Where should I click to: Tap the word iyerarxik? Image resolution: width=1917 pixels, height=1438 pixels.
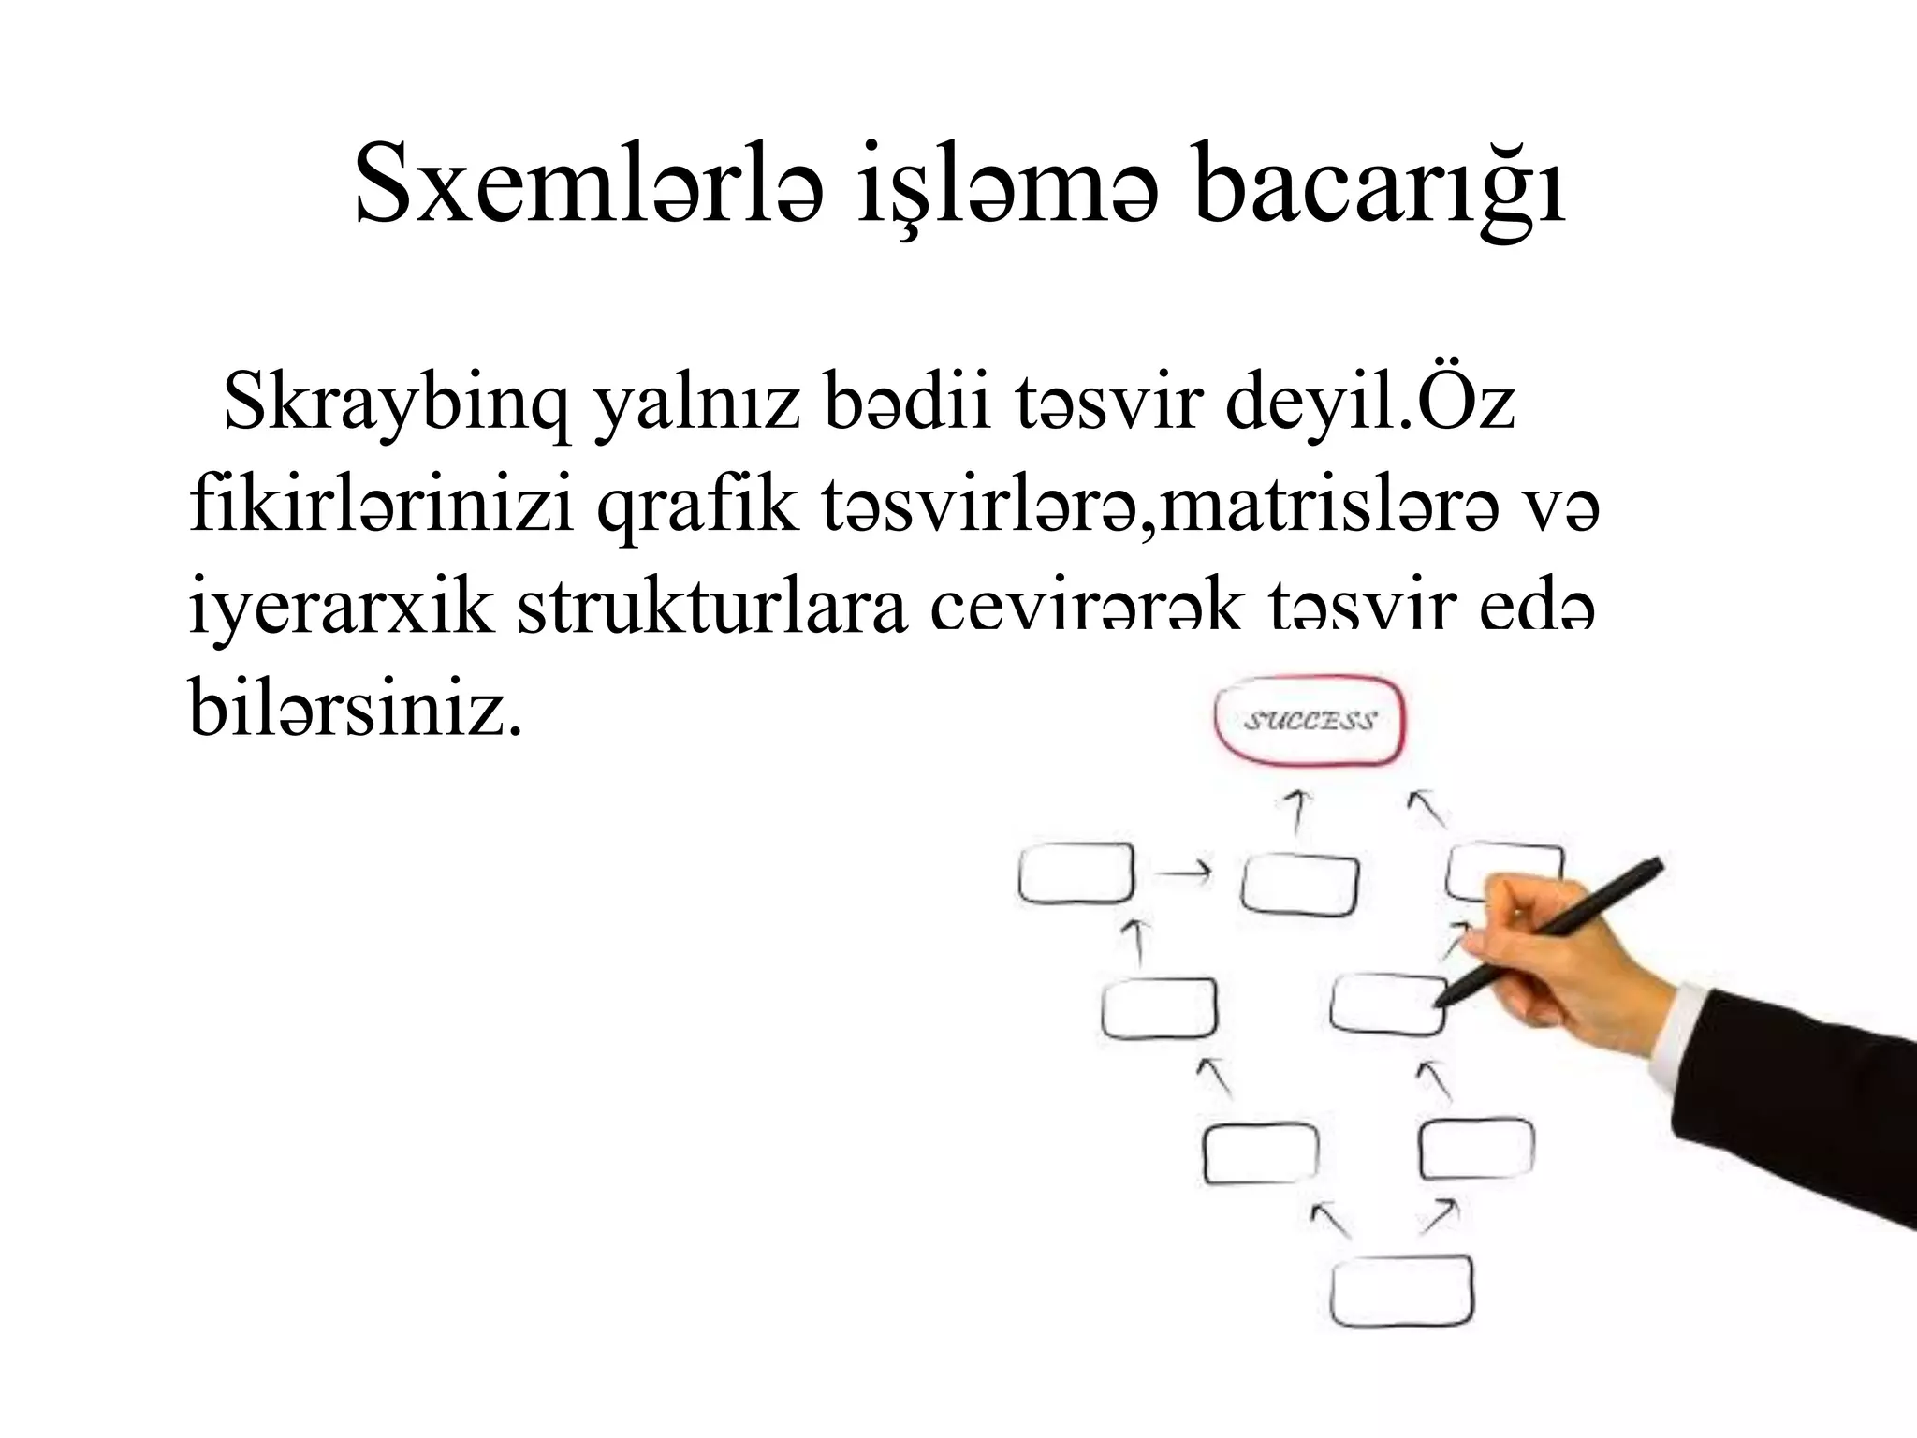pyautogui.click(x=341, y=609)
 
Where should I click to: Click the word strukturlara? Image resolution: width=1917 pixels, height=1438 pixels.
pyautogui.click(x=711, y=609)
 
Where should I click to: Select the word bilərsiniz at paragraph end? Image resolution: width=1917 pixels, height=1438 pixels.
pyautogui.click(x=356, y=710)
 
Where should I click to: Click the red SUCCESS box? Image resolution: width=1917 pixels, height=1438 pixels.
pyautogui.click(x=1310, y=721)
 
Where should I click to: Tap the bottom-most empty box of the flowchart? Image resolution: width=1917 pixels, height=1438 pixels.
pyautogui.click(x=1401, y=1292)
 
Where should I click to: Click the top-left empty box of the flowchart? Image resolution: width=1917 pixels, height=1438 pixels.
pyautogui.click(x=1076, y=873)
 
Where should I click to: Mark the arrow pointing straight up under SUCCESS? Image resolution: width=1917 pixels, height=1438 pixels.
pyautogui.click(x=1296, y=811)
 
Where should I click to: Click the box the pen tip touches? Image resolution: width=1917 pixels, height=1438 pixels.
pyautogui.click(x=1385, y=1004)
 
